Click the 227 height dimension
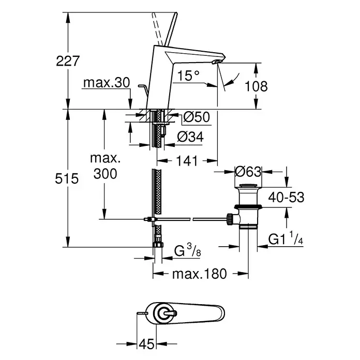[68, 61]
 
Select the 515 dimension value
[67, 178]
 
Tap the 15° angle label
[188, 76]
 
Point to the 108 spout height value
[256, 86]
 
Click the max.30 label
[107, 83]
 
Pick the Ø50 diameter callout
[197, 117]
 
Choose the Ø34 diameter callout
[190, 137]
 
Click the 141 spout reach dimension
[187, 161]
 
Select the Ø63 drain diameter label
[248, 172]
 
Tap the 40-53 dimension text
[287, 198]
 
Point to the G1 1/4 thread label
[286, 239]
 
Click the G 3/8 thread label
[188, 250]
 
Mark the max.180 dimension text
[200, 274]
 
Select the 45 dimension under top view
[146, 344]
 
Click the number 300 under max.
[105, 174]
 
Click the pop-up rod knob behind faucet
[141, 86]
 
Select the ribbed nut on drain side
[229, 219]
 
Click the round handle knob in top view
[164, 313]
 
